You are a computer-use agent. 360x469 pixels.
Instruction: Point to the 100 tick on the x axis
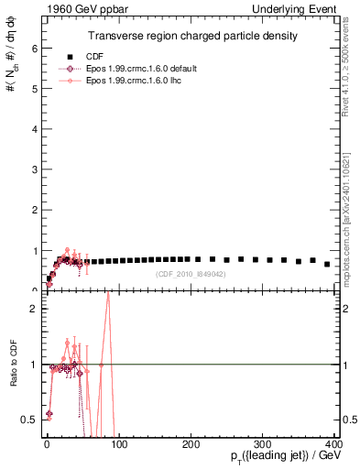[x=118, y=442]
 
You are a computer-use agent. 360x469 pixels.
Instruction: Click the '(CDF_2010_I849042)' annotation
[x=190, y=274]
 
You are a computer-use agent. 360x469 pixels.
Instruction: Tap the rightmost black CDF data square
[x=327, y=264]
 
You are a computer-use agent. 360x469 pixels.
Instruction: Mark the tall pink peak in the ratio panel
[x=108, y=293]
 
